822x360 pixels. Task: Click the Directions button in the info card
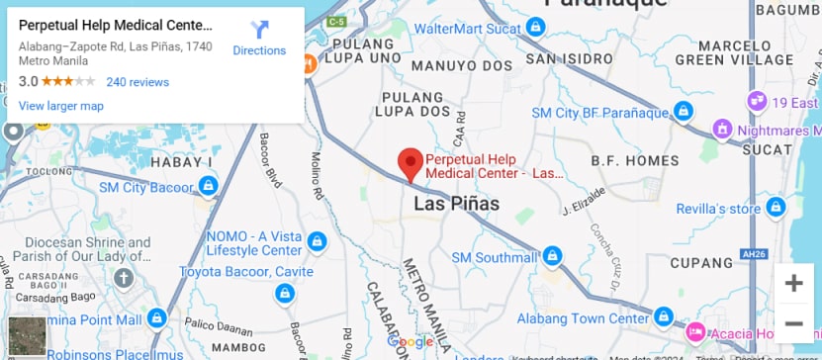pos(259,38)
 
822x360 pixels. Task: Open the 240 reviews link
pos(137,82)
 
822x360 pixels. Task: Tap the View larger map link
pos(60,106)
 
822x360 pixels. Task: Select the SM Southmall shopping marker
pos(552,257)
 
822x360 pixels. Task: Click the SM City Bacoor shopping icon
pos(208,185)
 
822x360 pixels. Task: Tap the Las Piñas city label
pos(456,204)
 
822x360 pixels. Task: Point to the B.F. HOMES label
pos(634,160)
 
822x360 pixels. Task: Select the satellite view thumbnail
pos(27,336)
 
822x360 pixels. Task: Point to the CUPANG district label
pos(701,263)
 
